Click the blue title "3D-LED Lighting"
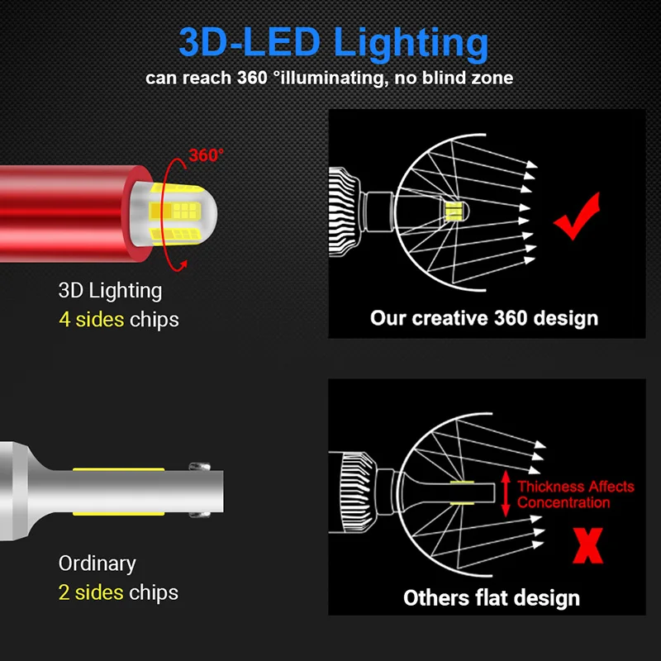click(x=333, y=43)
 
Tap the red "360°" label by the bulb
click(x=206, y=155)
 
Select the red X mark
click(x=587, y=545)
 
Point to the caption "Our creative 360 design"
click(x=484, y=317)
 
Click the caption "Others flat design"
click(x=492, y=597)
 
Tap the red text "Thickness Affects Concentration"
click(x=575, y=494)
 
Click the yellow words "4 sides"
click(x=90, y=319)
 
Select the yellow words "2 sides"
click(x=90, y=592)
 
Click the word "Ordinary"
click(x=97, y=564)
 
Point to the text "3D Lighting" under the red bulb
click(x=110, y=290)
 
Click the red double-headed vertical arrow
click(x=506, y=495)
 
